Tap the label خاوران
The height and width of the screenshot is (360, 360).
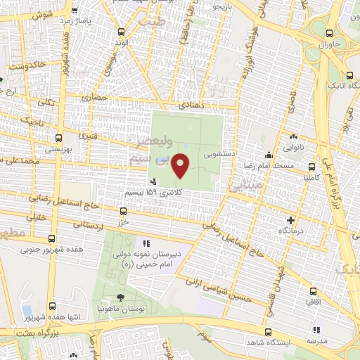(335, 44)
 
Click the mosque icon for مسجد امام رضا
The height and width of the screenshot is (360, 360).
(267, 155)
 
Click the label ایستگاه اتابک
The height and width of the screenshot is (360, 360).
(335, 85)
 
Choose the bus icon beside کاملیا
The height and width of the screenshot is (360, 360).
(305, 168)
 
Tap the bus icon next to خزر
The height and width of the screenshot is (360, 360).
(124, 211)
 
